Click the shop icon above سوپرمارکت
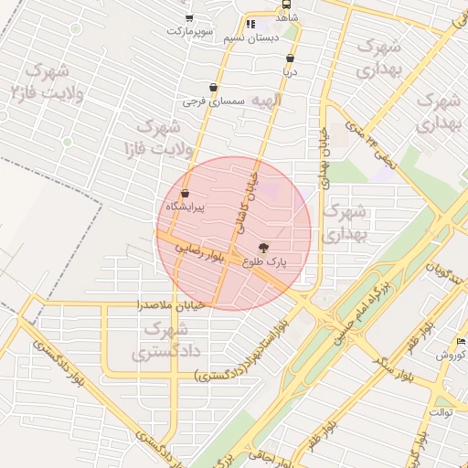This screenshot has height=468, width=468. (189, 17)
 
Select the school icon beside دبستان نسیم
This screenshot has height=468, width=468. (250, 24)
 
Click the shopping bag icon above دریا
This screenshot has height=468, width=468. (290, 58)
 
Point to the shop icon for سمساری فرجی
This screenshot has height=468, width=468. (213, 88)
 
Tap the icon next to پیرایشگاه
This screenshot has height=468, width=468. (186, 194)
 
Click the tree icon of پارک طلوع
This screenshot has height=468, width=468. (264, 247)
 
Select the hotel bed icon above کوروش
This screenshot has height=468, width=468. (461, 341)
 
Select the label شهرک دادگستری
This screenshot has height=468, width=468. (165, 339)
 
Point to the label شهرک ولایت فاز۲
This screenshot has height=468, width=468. (44, 81)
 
